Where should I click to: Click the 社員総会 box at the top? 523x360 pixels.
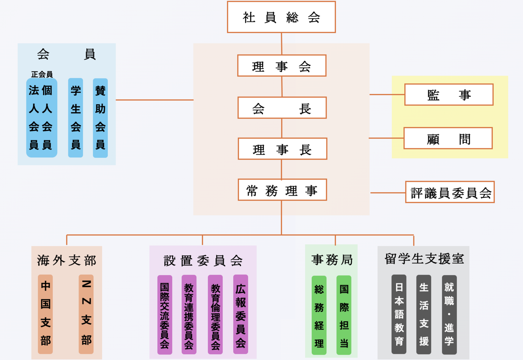pos(281,17)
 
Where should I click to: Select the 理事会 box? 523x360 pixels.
pos(281,66)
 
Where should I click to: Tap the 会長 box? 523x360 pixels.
pos(282,108)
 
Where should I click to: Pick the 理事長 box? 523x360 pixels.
pos(282,149)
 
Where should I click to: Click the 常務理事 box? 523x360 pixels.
pos(282,190)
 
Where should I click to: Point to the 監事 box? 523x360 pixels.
pos(449,95)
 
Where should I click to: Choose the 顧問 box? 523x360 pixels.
pos(448,138)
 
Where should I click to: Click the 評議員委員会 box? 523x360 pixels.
pos(450,192)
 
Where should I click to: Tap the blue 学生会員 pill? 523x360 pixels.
pos(76,118)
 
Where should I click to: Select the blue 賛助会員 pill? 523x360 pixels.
pos(100,118)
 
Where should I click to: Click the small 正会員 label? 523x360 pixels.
pos(42,74)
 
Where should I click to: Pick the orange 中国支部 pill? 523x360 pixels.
pos(45,314)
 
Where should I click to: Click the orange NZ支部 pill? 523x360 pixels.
pos(86,314)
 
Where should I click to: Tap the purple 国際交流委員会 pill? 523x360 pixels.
pos(165,315)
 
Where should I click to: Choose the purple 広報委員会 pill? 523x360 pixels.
pos(240,314)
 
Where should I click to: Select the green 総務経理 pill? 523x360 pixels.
pos(319,315)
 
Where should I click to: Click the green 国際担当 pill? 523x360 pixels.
pos(344,315)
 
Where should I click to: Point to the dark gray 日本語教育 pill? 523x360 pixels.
pos(399,314)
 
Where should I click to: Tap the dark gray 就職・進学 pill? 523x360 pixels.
pos(449,314)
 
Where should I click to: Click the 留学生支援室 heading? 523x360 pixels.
pos(424,259)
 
